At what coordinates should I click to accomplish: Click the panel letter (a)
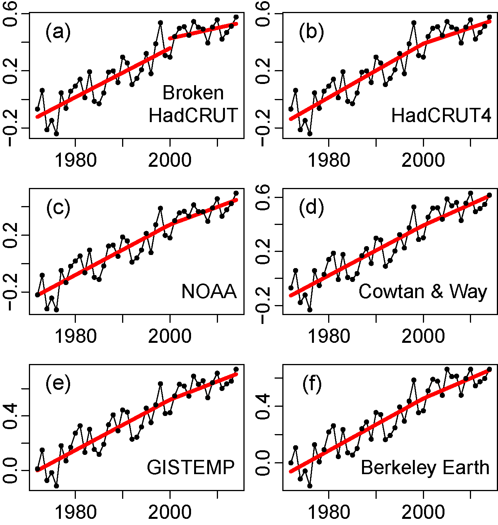pos(58,32)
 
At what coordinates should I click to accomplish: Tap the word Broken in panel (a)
pos(193,93)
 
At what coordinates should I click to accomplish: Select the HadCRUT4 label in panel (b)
pos(441,115)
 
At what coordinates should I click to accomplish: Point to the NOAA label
pos(209,292)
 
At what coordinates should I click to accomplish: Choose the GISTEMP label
pos(191,468)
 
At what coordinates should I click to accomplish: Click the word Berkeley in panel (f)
pos(399,468)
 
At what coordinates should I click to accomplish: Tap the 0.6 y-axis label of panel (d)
pos(264,197)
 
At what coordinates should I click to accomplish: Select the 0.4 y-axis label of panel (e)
pos(11,416)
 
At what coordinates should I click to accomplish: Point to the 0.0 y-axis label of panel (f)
pos(264,463)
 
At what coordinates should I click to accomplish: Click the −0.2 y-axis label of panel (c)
pos(11,293)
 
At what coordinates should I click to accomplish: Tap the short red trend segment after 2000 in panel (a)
pos(203,31)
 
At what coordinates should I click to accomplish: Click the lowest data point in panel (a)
pos(56,134)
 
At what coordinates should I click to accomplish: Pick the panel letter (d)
pos(311,208)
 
